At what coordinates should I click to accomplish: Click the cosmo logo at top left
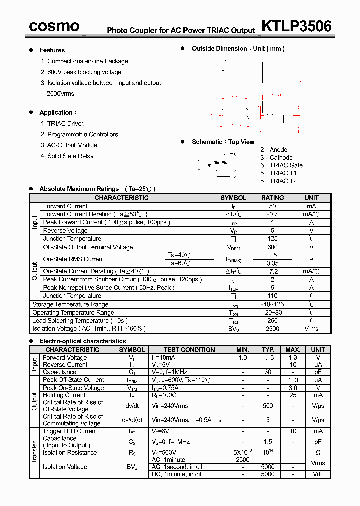[x=54, y=26]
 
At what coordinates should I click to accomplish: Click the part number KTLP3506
[x=296, y=26]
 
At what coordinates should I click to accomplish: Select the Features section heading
[x=52, y=50]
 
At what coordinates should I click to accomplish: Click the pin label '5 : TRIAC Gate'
[x=281, y=165]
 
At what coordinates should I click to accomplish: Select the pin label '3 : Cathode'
[x=276, y=158]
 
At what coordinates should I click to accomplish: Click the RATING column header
[x=272, y=198]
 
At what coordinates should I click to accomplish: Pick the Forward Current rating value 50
[x=272, y=206]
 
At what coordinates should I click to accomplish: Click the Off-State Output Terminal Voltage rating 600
[x=272, y=247]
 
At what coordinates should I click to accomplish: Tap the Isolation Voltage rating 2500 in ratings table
[x=272, y=329]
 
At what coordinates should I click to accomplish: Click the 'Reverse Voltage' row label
[x=65, y=231]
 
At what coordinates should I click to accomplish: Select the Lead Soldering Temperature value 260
[x=272, y=321]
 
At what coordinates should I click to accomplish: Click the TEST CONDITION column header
[x=189, y=350]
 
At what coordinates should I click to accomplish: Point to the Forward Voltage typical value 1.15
[x=268, y=358]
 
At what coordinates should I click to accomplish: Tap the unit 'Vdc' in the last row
[x=318, y=474]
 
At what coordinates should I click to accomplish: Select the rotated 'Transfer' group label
[x=34, y=452]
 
